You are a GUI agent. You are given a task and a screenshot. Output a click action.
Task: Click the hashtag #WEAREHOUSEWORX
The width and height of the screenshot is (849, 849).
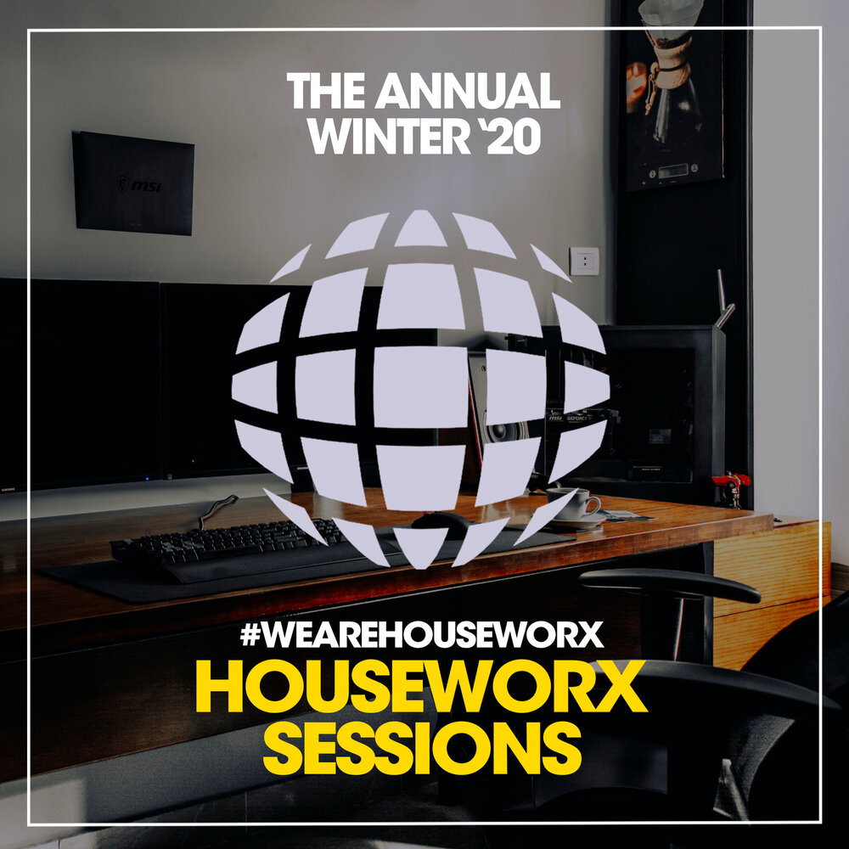422,635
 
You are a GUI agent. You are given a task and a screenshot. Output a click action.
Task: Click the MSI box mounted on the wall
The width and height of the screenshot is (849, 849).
133,183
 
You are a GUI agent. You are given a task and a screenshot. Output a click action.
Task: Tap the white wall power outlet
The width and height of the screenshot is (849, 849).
584,261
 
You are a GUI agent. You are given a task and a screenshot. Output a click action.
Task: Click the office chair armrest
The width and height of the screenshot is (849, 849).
671,586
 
